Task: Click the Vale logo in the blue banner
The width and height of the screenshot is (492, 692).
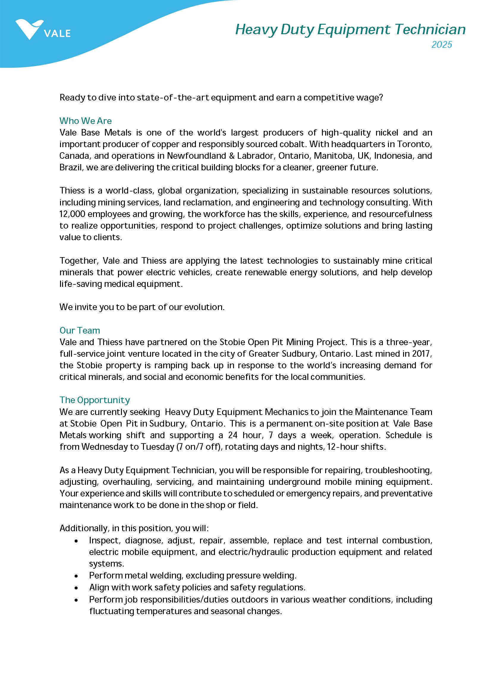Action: (43, 30)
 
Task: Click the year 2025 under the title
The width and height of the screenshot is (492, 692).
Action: (441, 45)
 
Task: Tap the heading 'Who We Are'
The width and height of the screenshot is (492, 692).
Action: (85, 121)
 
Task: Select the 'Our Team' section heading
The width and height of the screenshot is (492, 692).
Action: (80, 331)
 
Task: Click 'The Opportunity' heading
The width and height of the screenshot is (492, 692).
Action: (95, 400)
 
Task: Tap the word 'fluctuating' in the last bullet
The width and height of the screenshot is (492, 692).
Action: (111, 611)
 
